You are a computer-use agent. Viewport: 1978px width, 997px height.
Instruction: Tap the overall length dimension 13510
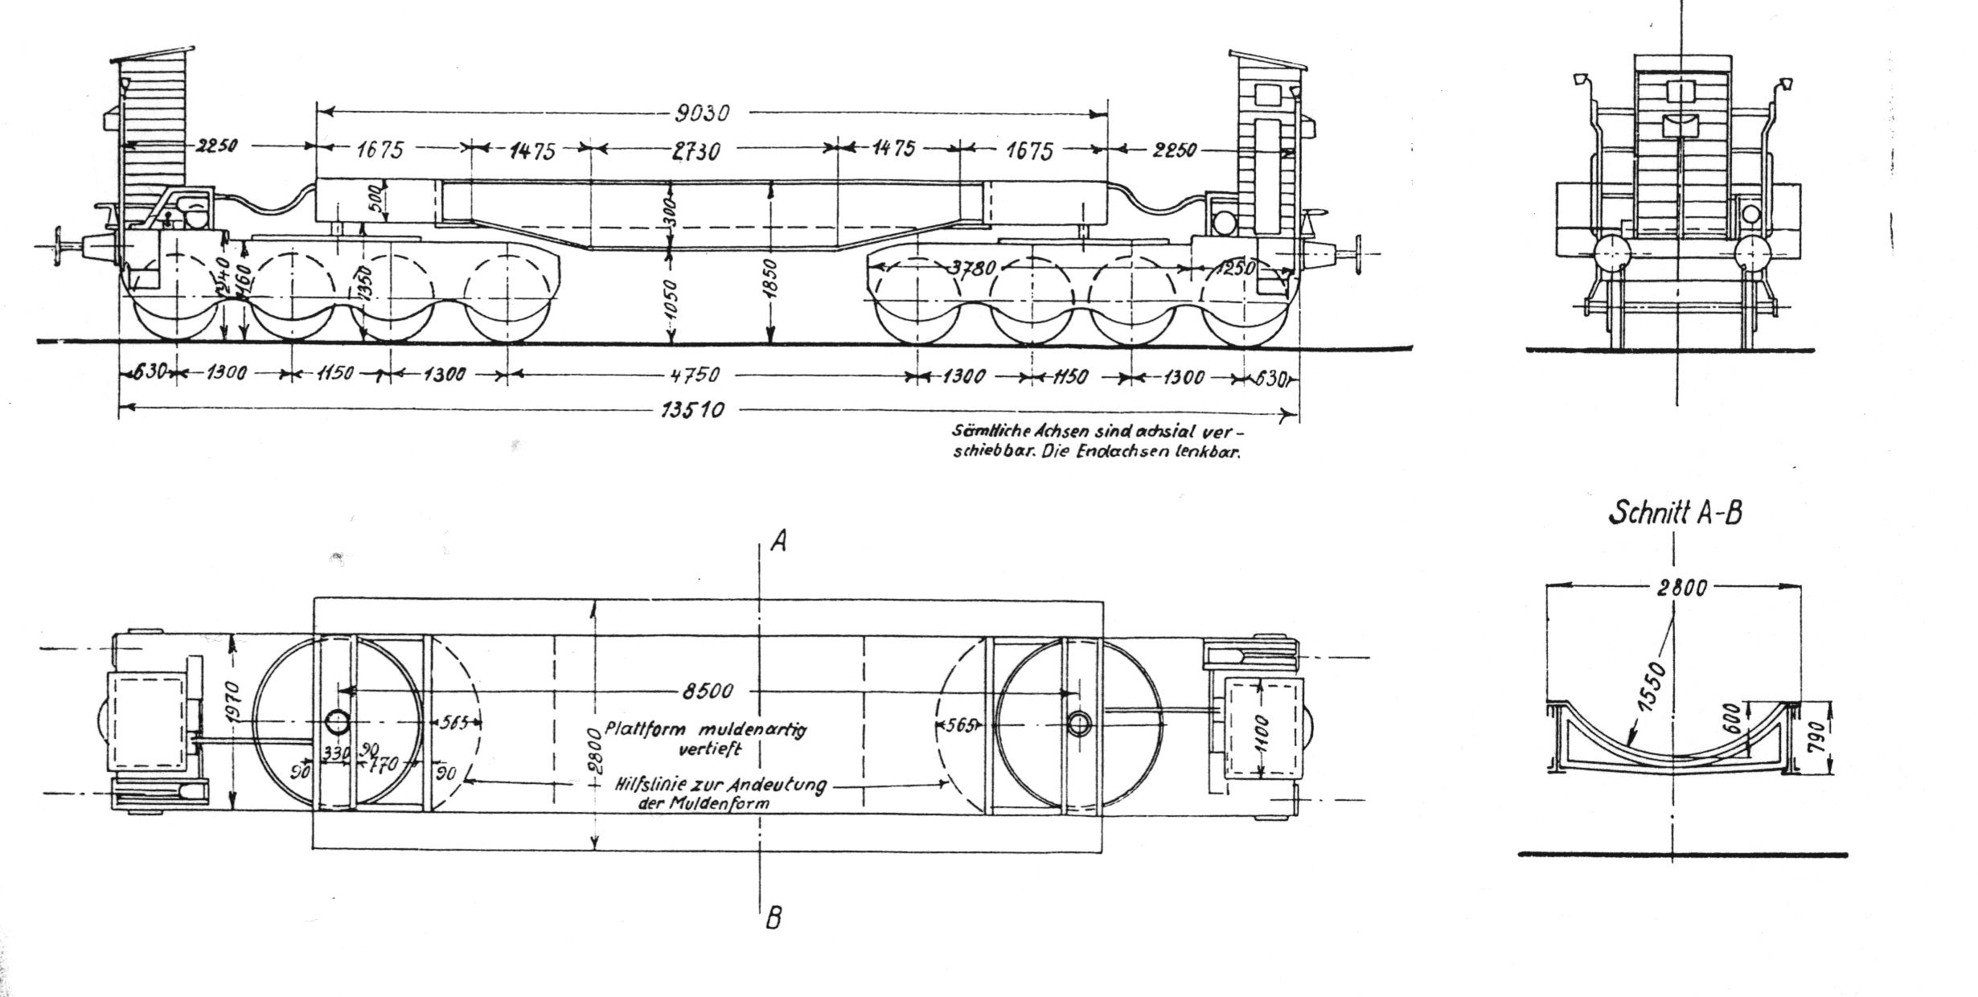[693, 411]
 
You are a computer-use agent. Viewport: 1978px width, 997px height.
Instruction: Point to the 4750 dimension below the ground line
[693, 375]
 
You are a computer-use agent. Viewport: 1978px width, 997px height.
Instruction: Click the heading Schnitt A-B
[1675, 513]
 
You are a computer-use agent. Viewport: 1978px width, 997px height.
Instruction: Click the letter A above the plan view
[778, 542]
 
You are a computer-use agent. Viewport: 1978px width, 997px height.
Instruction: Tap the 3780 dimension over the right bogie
[974, 268]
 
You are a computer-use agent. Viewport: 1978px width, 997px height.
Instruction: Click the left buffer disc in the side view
[59, 247]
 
